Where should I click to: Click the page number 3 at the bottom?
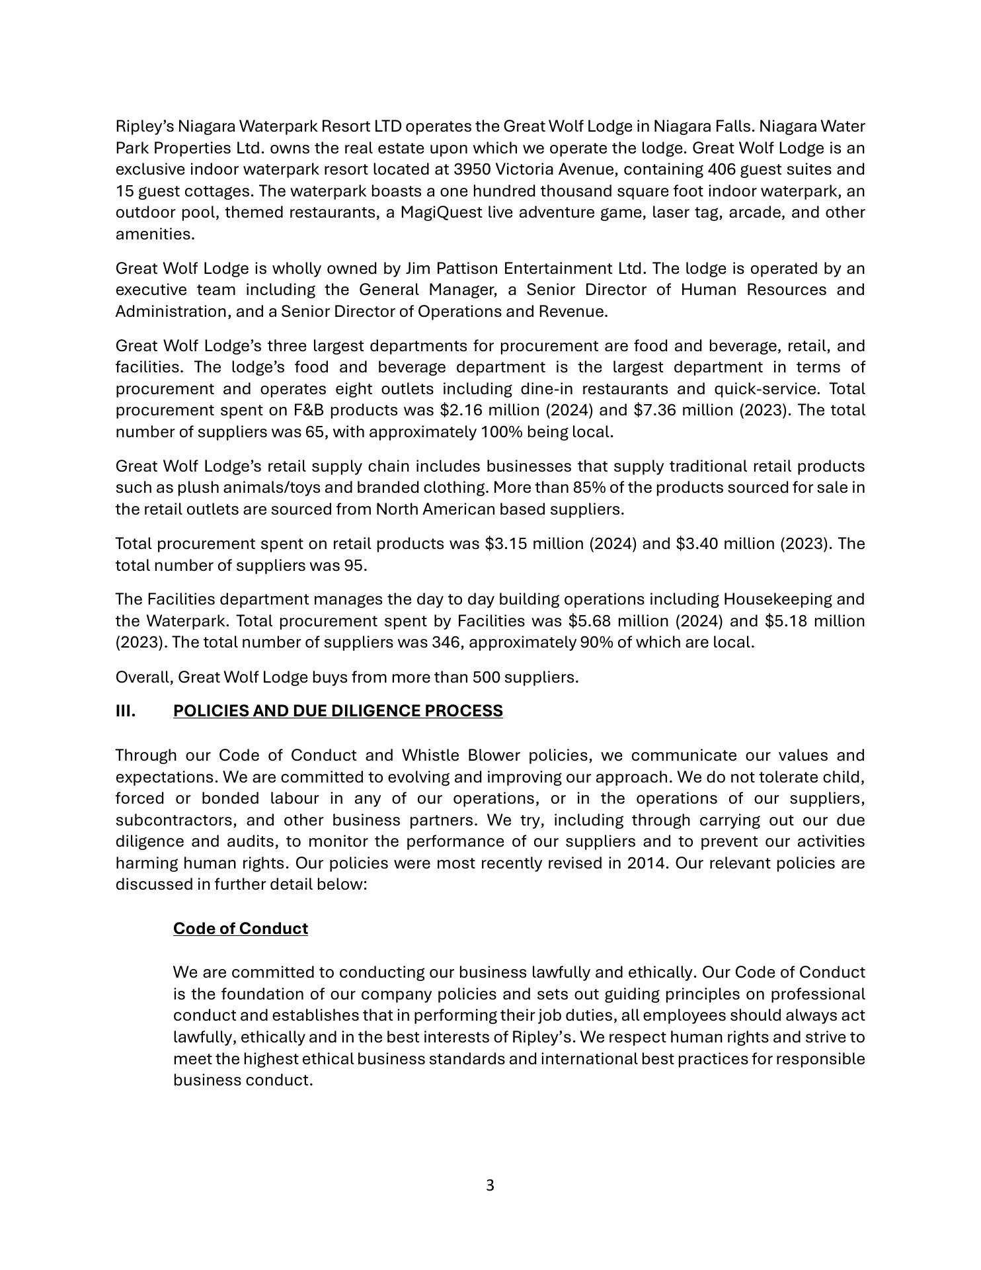(x=490, y=1185)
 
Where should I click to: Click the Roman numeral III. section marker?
(x=126, y=711)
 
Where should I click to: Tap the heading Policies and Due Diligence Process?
(x=338, y=711)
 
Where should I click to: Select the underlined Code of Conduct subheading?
(x=241, y=929)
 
